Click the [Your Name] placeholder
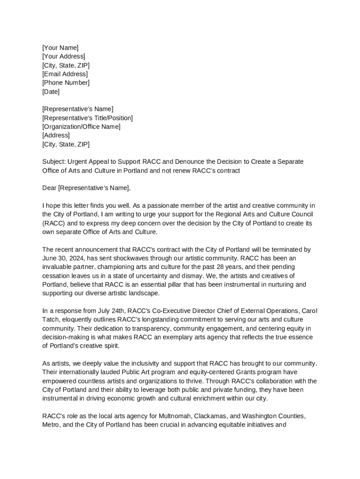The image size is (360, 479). [x=60, y=48]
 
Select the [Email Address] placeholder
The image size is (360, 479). [x=65, y=74]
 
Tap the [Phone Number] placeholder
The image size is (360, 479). [x=65, y=83]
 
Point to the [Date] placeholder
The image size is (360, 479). [x=51, y=92]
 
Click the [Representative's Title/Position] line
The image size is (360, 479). [x=87, y=118]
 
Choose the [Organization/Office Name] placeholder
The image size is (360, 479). [x=81, y=127]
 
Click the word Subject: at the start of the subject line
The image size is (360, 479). [x=54, y=162]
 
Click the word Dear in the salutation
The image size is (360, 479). [x=49, y=188]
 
